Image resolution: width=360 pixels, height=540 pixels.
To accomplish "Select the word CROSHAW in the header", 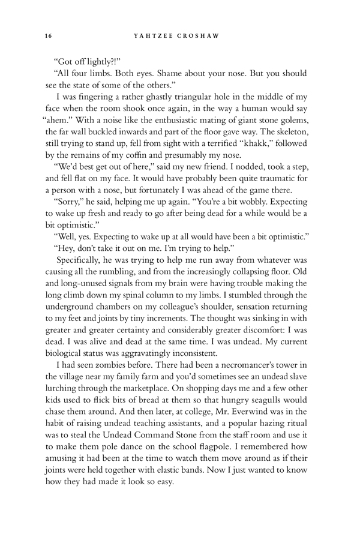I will [200, 35].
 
